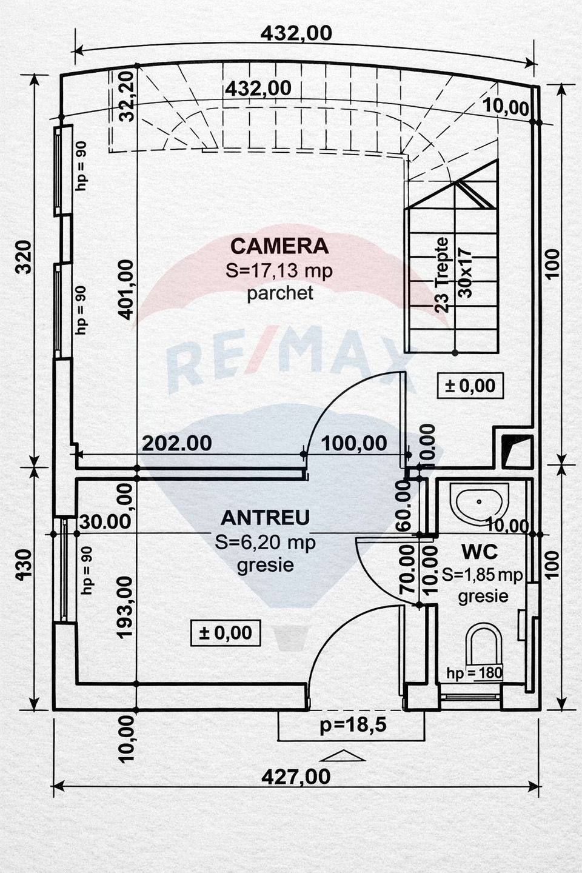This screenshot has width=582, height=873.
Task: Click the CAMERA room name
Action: (279, 246)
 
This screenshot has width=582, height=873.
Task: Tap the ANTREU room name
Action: (265, 518)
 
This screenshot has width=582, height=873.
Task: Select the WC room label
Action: (480, 552)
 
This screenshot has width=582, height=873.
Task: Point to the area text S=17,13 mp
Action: (279, 270)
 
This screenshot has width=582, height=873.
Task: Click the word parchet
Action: (279, 293)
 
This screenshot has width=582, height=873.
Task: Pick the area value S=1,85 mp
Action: (482, 574)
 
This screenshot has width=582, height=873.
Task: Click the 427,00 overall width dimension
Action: (296, 776)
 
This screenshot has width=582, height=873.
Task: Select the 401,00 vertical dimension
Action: (125, 289)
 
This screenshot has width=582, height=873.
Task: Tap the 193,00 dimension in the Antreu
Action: (124, 606)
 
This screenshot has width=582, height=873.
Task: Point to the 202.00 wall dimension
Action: (177, 443)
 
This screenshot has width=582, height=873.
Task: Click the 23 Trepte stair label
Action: (443, 275)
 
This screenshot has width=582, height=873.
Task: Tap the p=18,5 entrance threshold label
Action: (353, 724)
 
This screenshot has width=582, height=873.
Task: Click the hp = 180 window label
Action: (474, 672)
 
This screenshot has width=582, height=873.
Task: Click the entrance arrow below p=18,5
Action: (345, 755)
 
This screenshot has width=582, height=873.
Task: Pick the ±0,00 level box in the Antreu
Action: (225, 633)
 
